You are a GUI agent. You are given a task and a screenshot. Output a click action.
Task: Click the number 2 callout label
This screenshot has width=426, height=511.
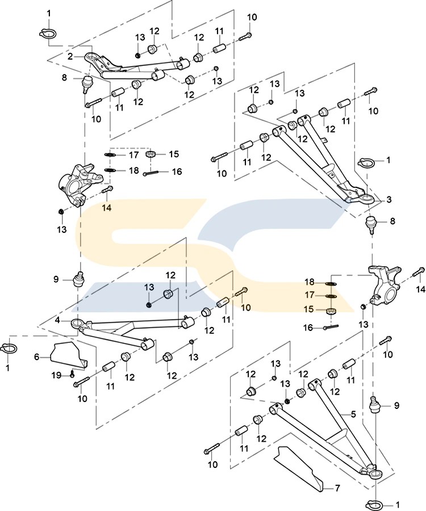pyautogui.click(x=70, y=56)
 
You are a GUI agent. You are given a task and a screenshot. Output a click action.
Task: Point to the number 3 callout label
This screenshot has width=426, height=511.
pyautogui.click(x=389, y=199)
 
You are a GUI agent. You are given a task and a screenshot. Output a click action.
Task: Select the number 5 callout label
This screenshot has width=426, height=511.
pyautogui.click(x=353, y=415)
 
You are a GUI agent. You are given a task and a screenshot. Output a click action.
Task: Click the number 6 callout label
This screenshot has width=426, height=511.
pyautogui.click(x=37, y=357)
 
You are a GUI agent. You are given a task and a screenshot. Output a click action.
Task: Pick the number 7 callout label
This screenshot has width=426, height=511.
pyautogui.click(x=336, y=488)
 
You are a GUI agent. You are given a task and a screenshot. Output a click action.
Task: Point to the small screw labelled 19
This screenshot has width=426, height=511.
pyautogui.click(x=73, y=372)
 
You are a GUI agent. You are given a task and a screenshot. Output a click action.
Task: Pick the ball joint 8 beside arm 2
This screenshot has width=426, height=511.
pyautogui.click(x=87, y=84)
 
